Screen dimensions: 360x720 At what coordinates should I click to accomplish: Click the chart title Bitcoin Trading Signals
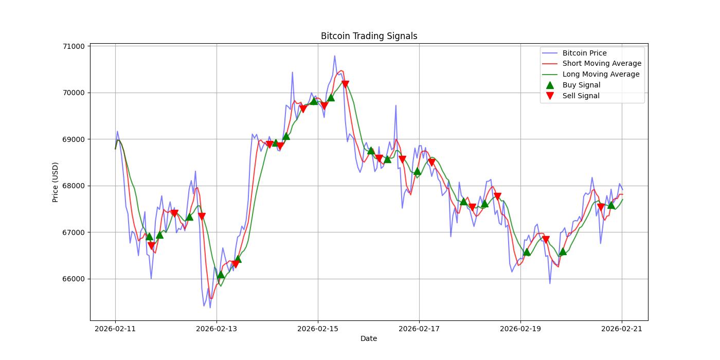click(x=369, y=36)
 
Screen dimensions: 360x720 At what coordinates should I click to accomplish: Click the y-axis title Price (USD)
click(x=55, y=182)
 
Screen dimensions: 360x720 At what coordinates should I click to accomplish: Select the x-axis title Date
click(x=369, y=338)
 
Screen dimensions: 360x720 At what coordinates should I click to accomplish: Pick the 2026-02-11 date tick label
click(x=115, y=328)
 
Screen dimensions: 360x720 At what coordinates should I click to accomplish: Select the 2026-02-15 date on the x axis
click(x=318, y=328)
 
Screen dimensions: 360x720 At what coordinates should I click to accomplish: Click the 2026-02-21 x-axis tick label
click(x=622, y=328)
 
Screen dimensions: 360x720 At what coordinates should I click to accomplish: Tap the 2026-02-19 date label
click(x=520, y=328)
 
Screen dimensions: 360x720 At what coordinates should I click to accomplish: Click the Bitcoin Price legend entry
click(x=584, y=53)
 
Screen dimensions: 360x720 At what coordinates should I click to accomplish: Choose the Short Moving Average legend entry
click(x=602, y=64)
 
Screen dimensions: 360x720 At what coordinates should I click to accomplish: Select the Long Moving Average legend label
click(x=601, y=74)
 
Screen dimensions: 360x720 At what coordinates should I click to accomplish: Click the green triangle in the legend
click(x=550, y=85)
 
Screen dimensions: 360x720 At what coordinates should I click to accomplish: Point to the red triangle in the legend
click(x=550, y=96)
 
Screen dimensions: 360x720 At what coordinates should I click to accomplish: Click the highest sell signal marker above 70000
click(x=345, y=84)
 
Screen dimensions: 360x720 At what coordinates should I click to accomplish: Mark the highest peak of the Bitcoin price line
click(x=334, y=56)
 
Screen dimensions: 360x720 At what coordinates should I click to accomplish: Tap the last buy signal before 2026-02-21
click(x=611, y=205)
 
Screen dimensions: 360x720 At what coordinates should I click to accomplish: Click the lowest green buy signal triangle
click(x=221, y=275)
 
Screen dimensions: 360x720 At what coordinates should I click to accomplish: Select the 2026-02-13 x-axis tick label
click(x=217, y=328)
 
